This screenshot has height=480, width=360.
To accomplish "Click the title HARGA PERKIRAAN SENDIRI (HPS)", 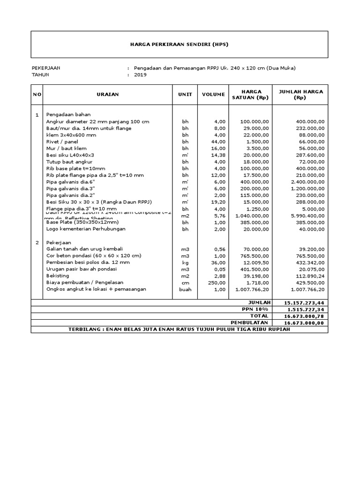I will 180,45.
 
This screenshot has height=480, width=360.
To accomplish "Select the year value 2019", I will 140,75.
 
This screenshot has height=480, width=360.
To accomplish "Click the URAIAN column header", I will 108,95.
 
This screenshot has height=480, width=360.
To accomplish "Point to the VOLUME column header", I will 213,95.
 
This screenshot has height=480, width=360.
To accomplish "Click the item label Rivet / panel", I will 62,142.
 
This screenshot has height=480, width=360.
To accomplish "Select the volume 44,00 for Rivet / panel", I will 218,142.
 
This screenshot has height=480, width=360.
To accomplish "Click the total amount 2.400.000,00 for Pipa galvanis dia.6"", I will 307,181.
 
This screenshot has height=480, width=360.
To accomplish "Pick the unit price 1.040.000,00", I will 252,215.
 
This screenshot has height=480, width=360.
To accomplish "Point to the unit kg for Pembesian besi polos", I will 185,262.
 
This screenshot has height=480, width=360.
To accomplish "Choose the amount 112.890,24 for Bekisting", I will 310,276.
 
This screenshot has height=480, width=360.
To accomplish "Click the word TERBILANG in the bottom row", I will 85,330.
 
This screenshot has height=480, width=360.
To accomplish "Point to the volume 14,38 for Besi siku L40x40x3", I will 218,155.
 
